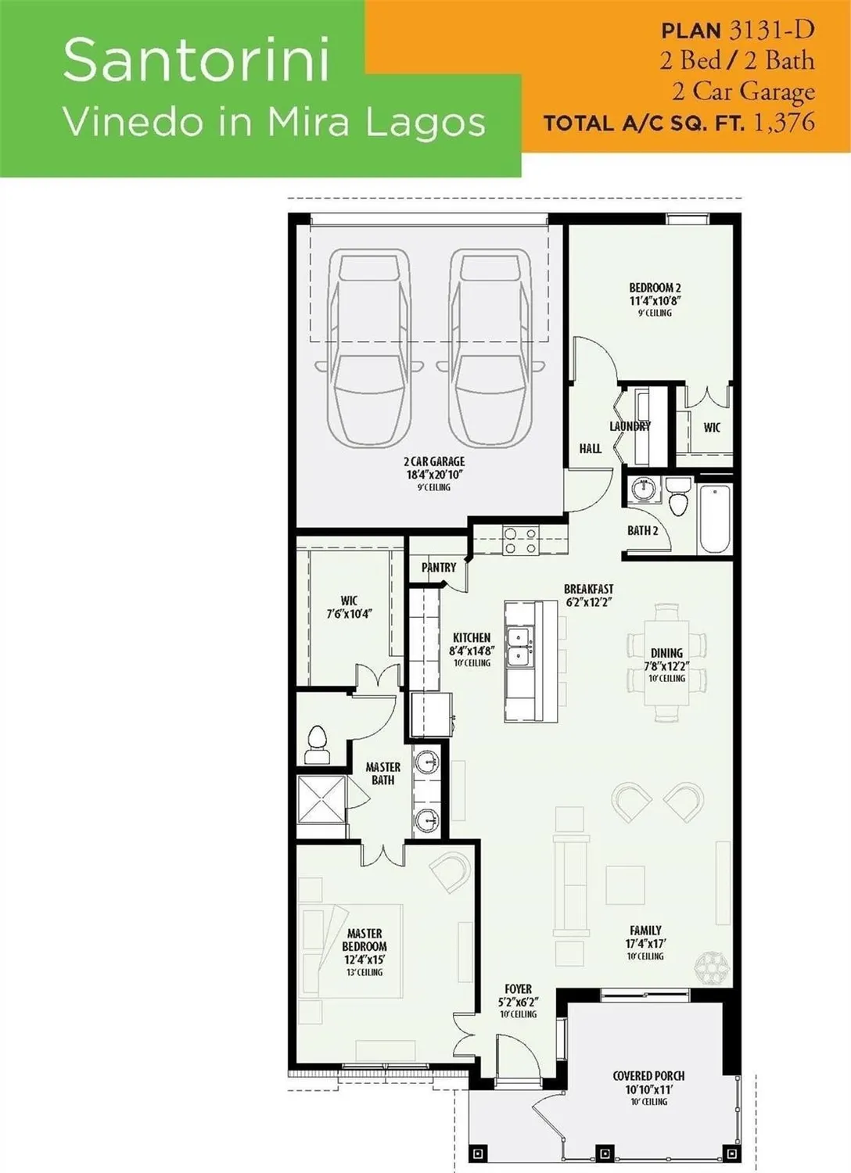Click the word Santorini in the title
196,60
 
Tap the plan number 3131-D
770,30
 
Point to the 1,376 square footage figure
785,122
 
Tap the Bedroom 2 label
655,288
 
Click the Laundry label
630,426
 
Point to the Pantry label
438,567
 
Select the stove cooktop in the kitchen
520,540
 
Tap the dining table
667,662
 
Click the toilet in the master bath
317,744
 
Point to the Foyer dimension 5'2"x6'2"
518,1002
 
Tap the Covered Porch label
648,1076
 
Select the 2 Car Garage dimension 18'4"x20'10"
434,474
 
